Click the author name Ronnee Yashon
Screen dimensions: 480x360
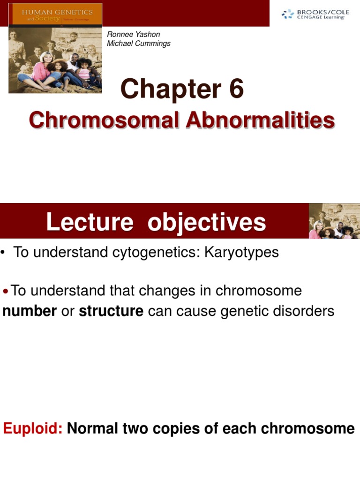[134, 35]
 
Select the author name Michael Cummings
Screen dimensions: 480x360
[139, 44]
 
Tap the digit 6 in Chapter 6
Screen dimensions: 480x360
[236, 90]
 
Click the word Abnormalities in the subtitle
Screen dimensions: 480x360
[260, 120]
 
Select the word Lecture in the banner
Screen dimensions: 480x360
[90, 222]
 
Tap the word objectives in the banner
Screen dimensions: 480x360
[207, 222]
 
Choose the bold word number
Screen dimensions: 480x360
[30, 311]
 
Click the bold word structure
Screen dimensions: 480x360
[111, 311]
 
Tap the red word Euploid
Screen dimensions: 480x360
[33, 428]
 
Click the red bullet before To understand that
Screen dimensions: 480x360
[6, 292]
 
